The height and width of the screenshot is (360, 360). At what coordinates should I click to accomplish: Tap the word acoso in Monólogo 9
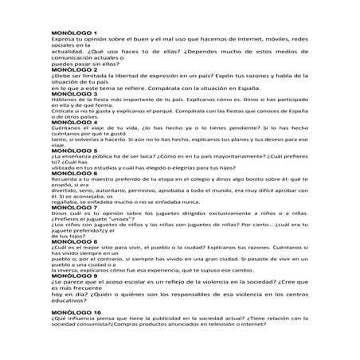[119, 280]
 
